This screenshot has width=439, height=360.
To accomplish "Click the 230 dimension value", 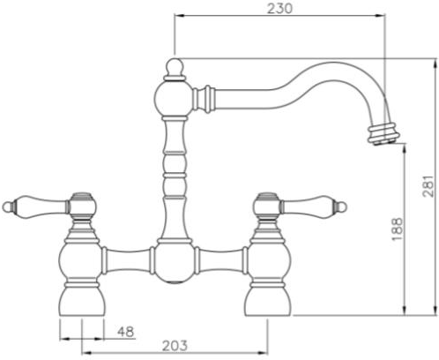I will [x=279, y=8].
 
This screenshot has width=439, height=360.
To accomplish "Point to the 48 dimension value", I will [x=125, y=332].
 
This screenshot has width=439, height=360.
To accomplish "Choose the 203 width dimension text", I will [x=175, y=346].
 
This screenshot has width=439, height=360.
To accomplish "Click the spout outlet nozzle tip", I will [x=383, y=135].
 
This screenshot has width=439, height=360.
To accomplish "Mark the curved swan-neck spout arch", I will [x=326, y=72].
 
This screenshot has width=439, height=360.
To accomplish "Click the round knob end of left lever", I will [x=9, y=207].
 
